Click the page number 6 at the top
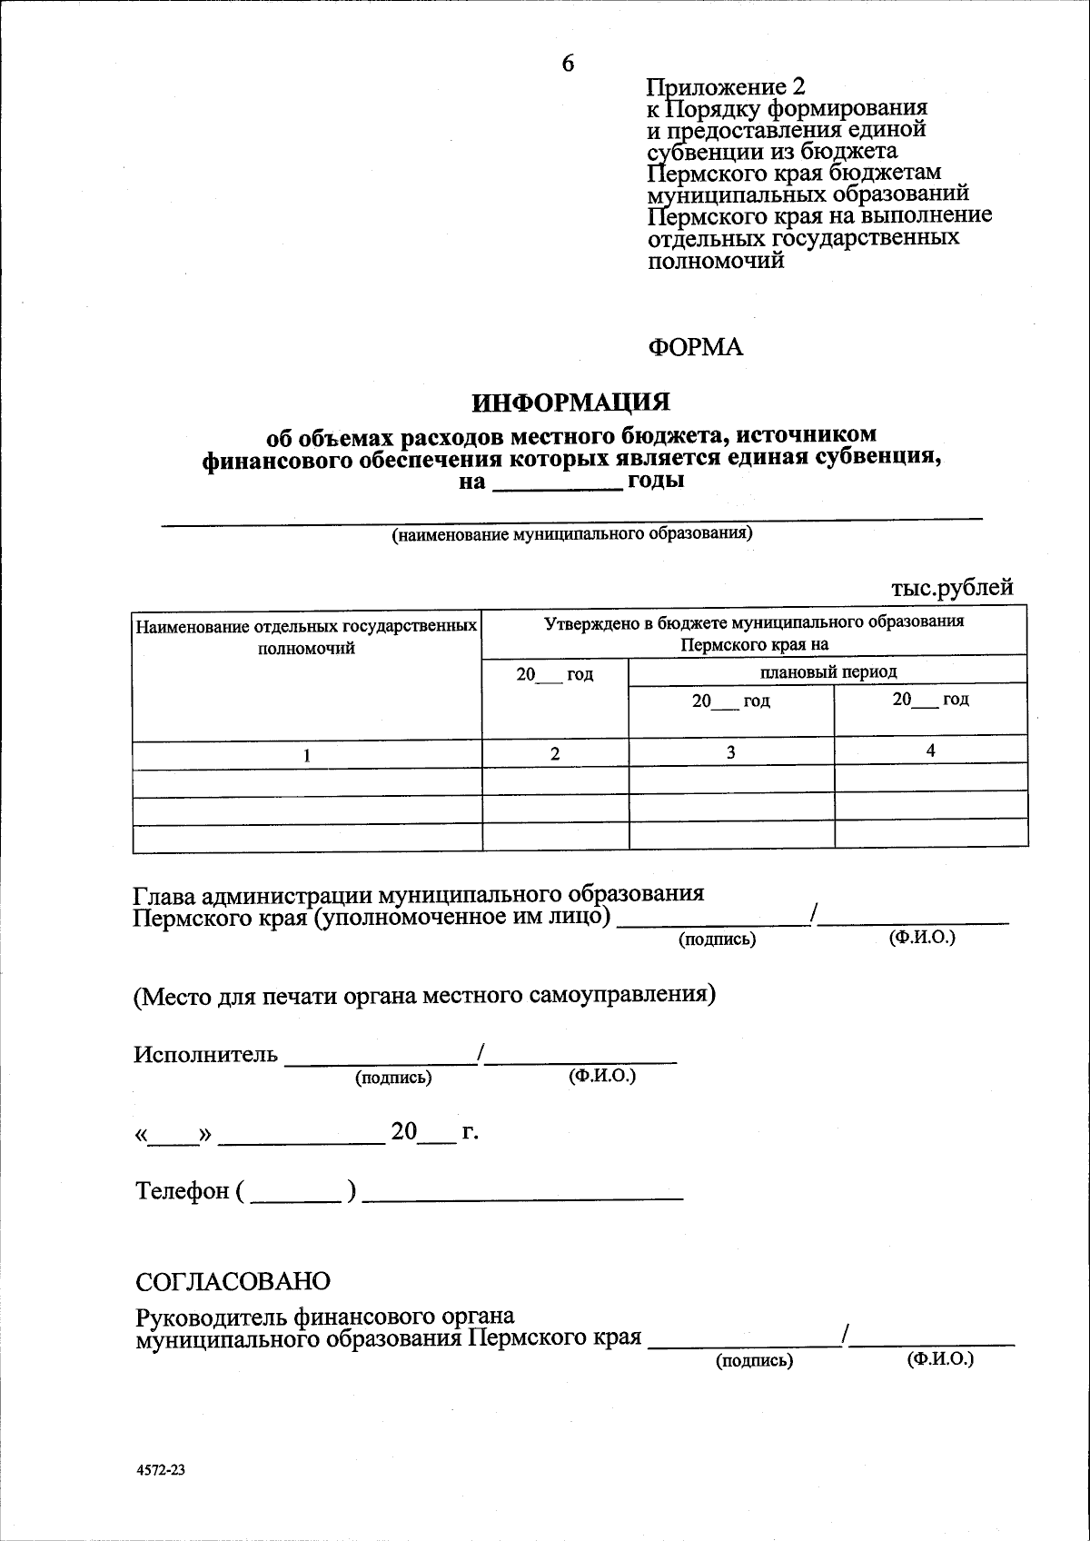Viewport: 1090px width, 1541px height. [568, 63]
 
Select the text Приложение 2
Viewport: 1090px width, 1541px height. [725, 87]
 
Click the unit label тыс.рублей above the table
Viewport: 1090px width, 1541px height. [951, 588]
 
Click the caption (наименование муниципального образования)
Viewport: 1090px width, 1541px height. [571, 533]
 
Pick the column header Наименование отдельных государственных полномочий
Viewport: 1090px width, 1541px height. [306, 637]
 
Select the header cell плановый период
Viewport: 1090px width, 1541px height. [827, 671]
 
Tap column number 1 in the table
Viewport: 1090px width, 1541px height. [307, 754]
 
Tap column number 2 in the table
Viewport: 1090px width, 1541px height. [555, 753]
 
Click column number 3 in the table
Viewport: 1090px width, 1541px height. [730, 752]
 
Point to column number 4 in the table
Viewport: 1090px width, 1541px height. [930, 750]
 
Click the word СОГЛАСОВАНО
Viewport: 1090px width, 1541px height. [233, 1281]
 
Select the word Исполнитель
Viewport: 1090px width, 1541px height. [205, 1055]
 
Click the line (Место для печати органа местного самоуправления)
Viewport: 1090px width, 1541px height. [424, 995]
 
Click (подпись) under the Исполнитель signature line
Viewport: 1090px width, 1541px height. [392, 1078]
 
